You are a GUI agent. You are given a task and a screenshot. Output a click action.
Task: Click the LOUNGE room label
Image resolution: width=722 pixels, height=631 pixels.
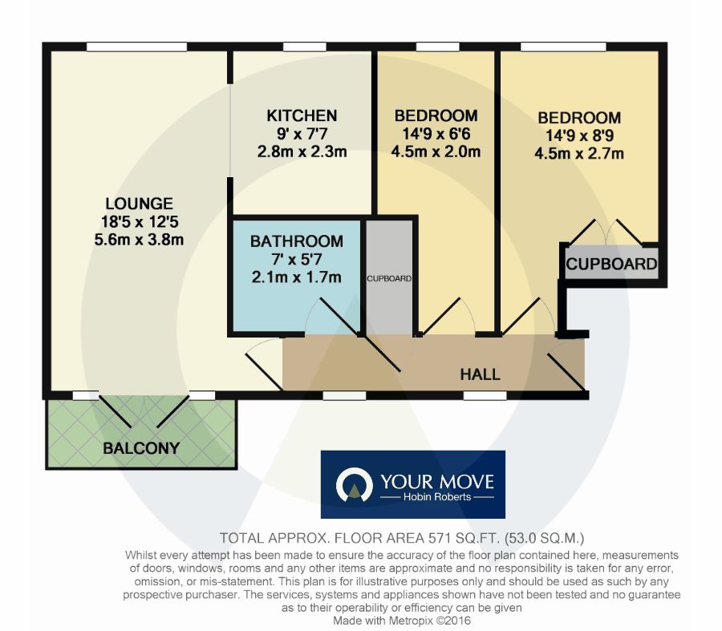point(139,204)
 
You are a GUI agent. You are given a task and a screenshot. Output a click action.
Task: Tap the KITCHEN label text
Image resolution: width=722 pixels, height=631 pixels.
point(302,115)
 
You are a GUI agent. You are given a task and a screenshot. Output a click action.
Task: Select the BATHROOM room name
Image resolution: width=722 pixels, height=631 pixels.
point(297,241)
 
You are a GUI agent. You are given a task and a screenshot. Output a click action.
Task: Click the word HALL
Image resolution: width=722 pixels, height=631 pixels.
point(481,374)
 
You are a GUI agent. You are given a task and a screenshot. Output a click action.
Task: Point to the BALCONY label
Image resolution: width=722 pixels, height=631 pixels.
point(141,448)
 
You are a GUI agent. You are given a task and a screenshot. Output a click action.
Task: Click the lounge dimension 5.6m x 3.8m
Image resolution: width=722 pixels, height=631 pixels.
point(139,240)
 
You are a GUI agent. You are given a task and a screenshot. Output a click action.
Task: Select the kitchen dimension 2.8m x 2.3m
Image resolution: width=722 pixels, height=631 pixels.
point(302,152)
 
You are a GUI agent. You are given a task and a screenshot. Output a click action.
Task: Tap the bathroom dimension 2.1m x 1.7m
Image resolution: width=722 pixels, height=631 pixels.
point(297,277)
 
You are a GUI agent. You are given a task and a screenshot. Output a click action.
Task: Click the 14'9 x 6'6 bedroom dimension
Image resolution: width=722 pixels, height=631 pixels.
point(436,134)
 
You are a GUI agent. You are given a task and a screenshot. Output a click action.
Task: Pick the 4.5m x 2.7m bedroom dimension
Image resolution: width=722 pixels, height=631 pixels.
point(579,154)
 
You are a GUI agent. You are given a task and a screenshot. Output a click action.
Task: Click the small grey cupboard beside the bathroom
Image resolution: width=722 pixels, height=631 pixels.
point(389,277)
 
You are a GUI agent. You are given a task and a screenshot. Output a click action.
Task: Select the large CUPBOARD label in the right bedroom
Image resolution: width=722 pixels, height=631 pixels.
point(611,264)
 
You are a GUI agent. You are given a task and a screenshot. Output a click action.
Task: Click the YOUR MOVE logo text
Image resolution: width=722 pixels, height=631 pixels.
point(437,482)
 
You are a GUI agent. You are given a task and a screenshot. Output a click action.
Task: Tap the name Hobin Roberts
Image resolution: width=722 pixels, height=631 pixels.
point(437,497)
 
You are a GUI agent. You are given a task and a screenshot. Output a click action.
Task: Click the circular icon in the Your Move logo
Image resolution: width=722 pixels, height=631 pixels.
point(354,484)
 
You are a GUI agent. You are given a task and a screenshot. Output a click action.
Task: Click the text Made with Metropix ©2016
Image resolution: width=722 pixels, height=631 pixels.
point(402,621)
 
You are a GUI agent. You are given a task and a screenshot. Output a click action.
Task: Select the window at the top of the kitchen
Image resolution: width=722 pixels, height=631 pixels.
point(304,47)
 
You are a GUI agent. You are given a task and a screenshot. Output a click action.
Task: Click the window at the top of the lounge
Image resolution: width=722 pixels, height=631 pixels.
point(136,47)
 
